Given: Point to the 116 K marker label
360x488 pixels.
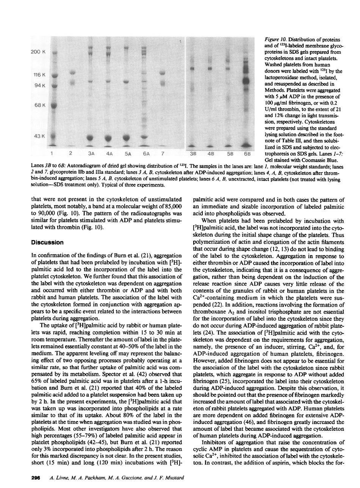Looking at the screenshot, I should pos(37,75).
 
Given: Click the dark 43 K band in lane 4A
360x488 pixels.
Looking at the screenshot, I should pos(109,137).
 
